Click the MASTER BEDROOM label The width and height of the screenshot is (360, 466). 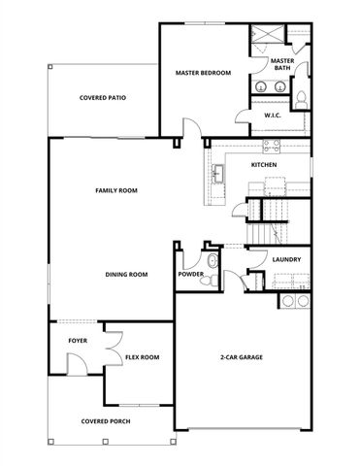pos(203,73)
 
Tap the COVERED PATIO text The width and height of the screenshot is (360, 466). pos(103,98)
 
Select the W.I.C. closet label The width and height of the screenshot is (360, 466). pos(273,116)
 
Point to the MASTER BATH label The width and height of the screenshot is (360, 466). pos(282,64)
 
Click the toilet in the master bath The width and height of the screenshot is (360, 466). pos(300,97)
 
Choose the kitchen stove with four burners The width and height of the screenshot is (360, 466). pos(269,147)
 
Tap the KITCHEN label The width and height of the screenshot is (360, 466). pos(264,165)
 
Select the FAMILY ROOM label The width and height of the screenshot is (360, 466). pos(115,190)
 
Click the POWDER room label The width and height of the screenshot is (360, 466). pos(190,275)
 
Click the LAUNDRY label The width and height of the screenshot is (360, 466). pos(285,259)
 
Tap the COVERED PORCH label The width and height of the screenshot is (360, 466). pos(107,421)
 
